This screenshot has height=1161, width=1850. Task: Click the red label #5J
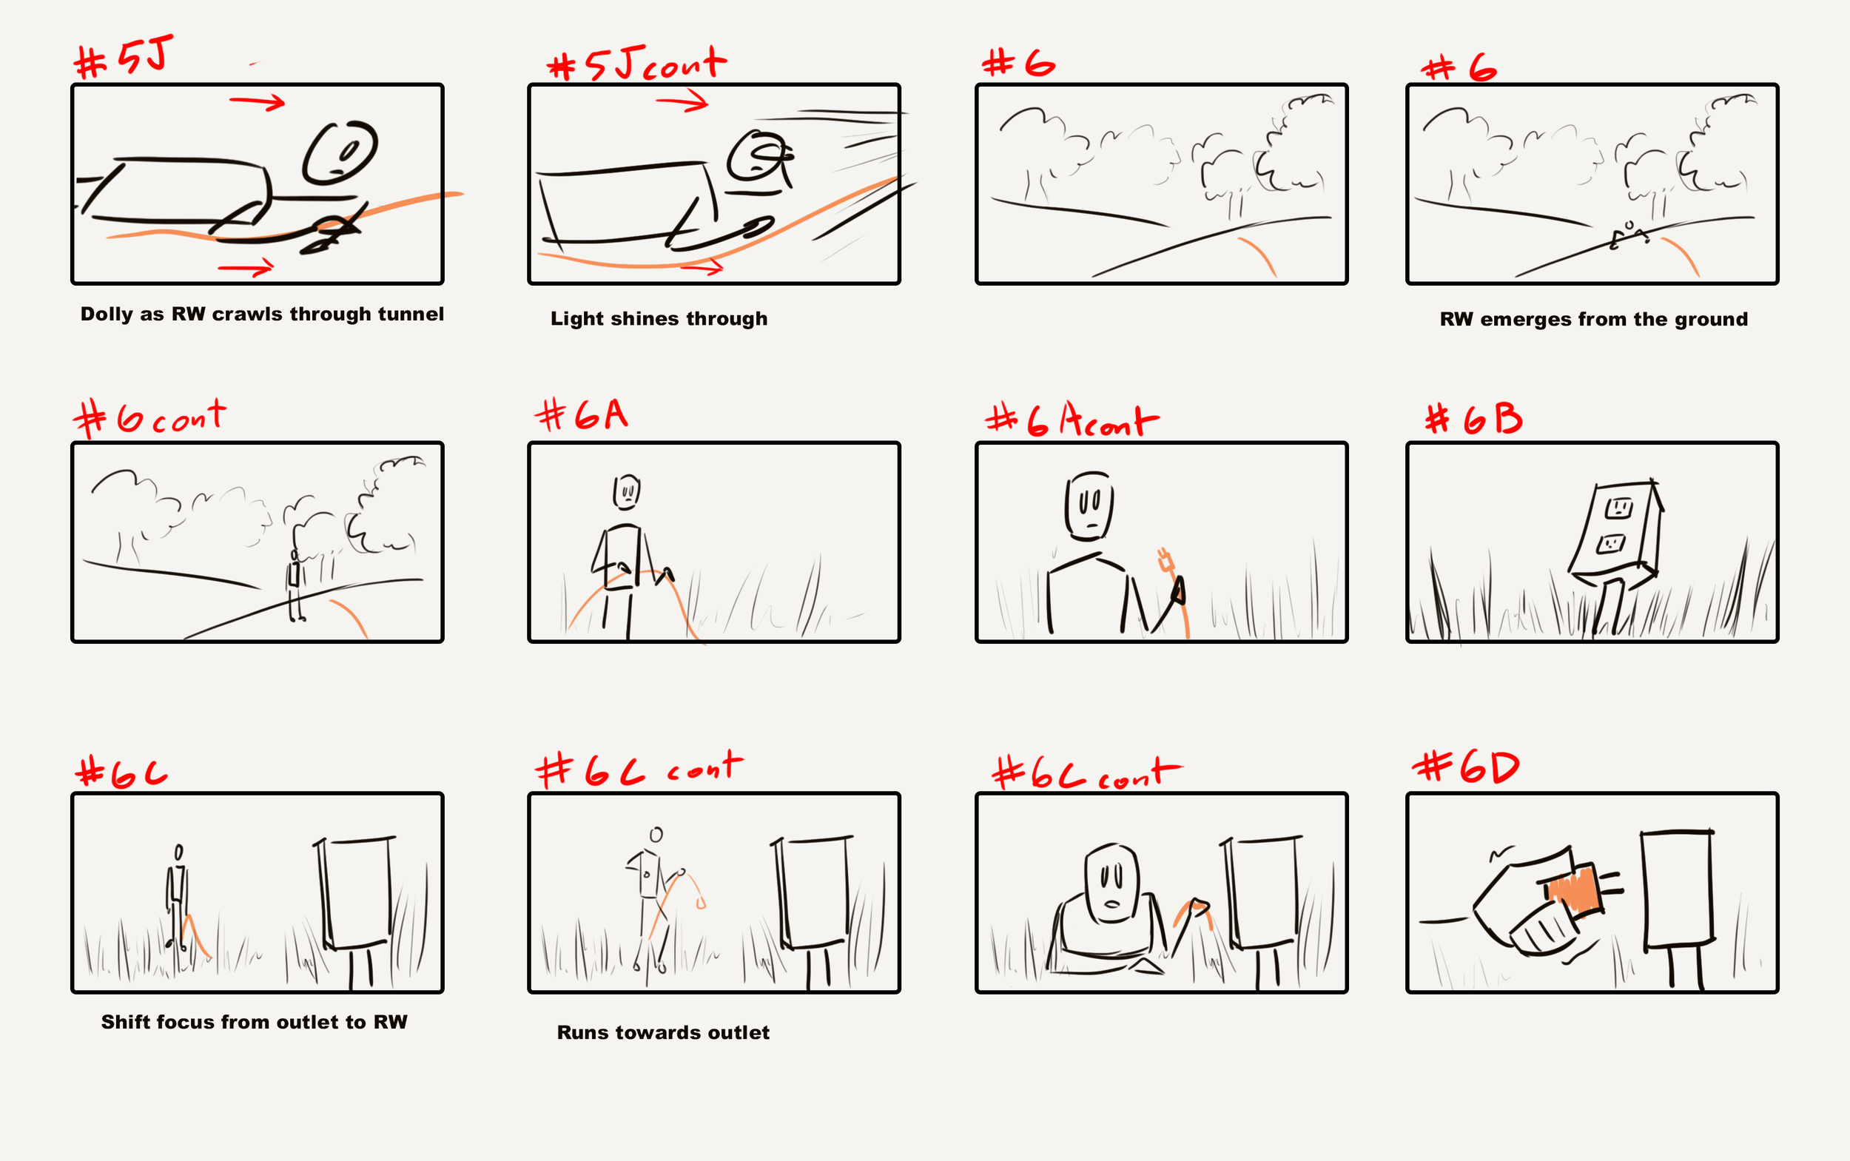124,57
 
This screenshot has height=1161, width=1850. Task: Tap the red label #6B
1473,420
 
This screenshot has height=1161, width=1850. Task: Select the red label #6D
1466,767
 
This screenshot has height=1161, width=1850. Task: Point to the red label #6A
582,415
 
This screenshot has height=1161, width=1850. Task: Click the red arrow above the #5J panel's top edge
258,101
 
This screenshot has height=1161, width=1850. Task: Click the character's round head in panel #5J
340,152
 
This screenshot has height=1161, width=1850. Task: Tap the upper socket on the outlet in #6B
1619,507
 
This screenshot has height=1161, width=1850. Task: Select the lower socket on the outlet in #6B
1610,544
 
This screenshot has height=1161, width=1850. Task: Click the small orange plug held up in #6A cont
1165,561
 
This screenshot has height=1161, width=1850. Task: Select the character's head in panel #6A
627,491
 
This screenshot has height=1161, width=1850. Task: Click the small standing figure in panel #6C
178,898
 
